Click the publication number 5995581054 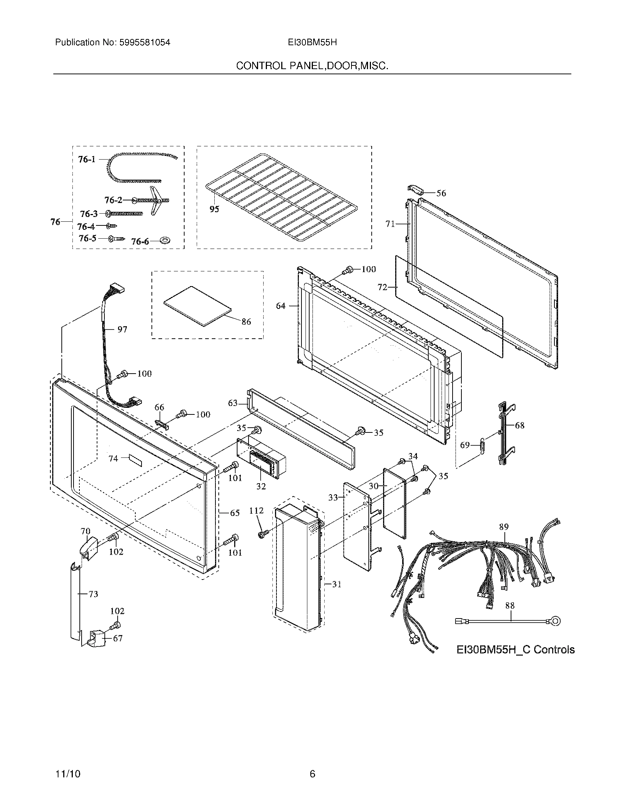pos(144,43)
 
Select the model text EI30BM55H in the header pos(312,43)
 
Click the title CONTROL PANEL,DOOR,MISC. pos(312,66)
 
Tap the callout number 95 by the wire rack pos(214,209)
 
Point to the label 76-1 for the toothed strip pos(87,159)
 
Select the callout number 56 pos(441,193)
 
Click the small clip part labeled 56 pos(416,189)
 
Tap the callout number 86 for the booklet pos(246,322)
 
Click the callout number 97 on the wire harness pos(122,329)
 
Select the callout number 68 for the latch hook pos(519,425)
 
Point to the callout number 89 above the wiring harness pos(504,527)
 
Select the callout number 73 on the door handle pos(93,594)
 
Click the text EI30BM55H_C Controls pos(515,650)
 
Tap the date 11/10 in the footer pos(68,763)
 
